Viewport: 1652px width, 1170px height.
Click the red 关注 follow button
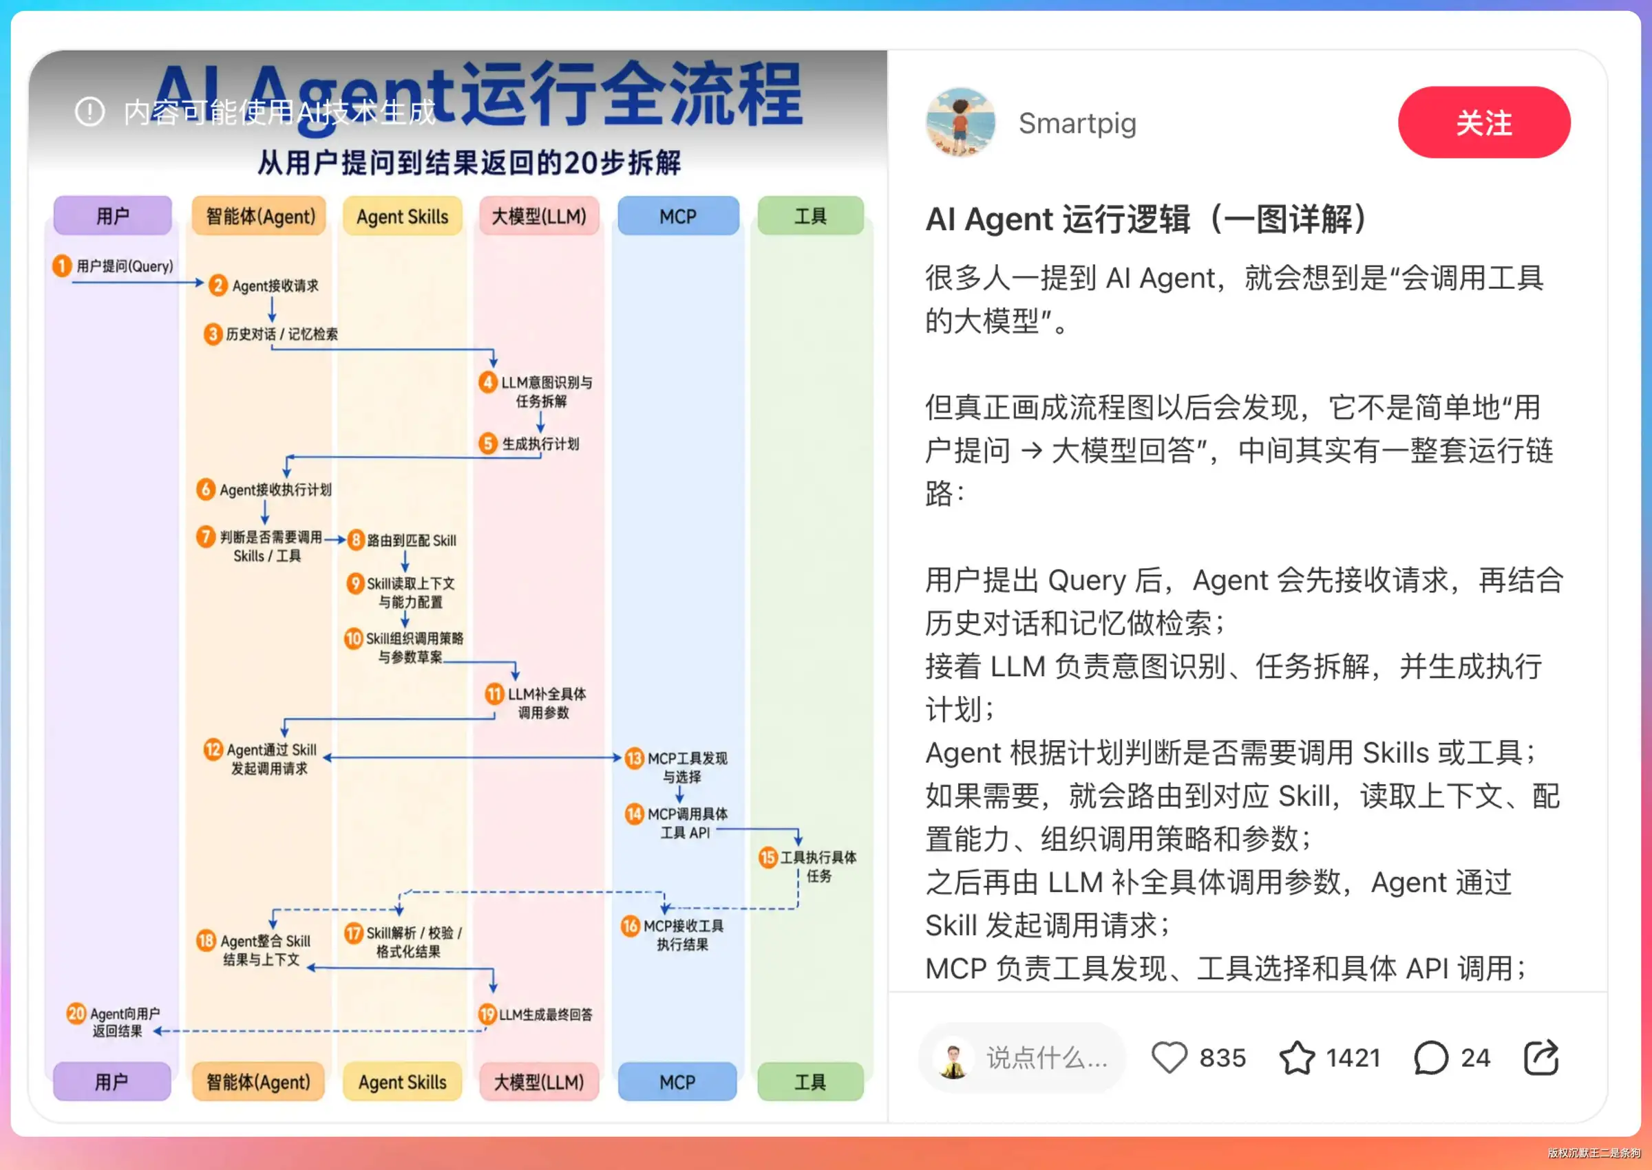pos(1483,122)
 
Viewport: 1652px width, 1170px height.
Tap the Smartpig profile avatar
pos(960,122)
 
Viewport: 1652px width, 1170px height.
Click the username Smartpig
pos(1077,123)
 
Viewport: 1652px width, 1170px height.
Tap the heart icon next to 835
pos(1168,1058)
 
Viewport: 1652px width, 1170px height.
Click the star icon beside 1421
pos(1297,1058)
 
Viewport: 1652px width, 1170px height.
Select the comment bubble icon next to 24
pos(1431,1058)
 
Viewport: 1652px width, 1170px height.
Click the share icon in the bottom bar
pos(1541,1057)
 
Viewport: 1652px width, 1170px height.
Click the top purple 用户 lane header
pos(112,215)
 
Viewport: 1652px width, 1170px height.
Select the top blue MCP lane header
pos(678,215)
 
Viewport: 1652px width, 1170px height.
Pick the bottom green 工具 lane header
pos(810,1081)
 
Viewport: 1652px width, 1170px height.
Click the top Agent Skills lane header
pos(402,215)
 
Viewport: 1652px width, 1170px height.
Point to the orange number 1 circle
pos(62,266)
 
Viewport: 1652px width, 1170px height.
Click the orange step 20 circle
pos(76,1014)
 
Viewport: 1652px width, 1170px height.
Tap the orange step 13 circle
pos(634,758)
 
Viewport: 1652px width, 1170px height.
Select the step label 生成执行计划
pos(540,444)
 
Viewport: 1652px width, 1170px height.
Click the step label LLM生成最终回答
pos(546,1015)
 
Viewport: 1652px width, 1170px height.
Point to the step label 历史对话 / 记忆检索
pos(282,334)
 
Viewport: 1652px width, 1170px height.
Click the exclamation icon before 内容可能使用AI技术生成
pos(90,111)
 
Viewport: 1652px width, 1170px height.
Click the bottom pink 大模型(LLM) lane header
pos(539,1081)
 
